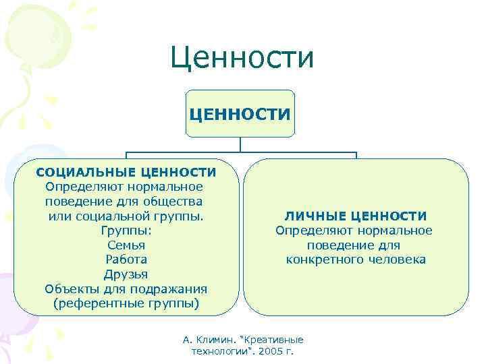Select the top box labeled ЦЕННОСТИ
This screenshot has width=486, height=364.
tap(241, 113)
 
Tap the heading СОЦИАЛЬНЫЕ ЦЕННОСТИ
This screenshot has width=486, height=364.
tap(126, 173)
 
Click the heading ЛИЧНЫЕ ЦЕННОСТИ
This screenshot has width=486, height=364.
tap(355, 216)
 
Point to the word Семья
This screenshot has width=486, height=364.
tap(126, 245)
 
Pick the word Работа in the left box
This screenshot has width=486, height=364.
tap(126, 260)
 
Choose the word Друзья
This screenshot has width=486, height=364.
tap(126, 274)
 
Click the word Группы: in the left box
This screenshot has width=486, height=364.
tap(126, 231)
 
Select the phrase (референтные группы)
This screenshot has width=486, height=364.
tap(126, 303)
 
